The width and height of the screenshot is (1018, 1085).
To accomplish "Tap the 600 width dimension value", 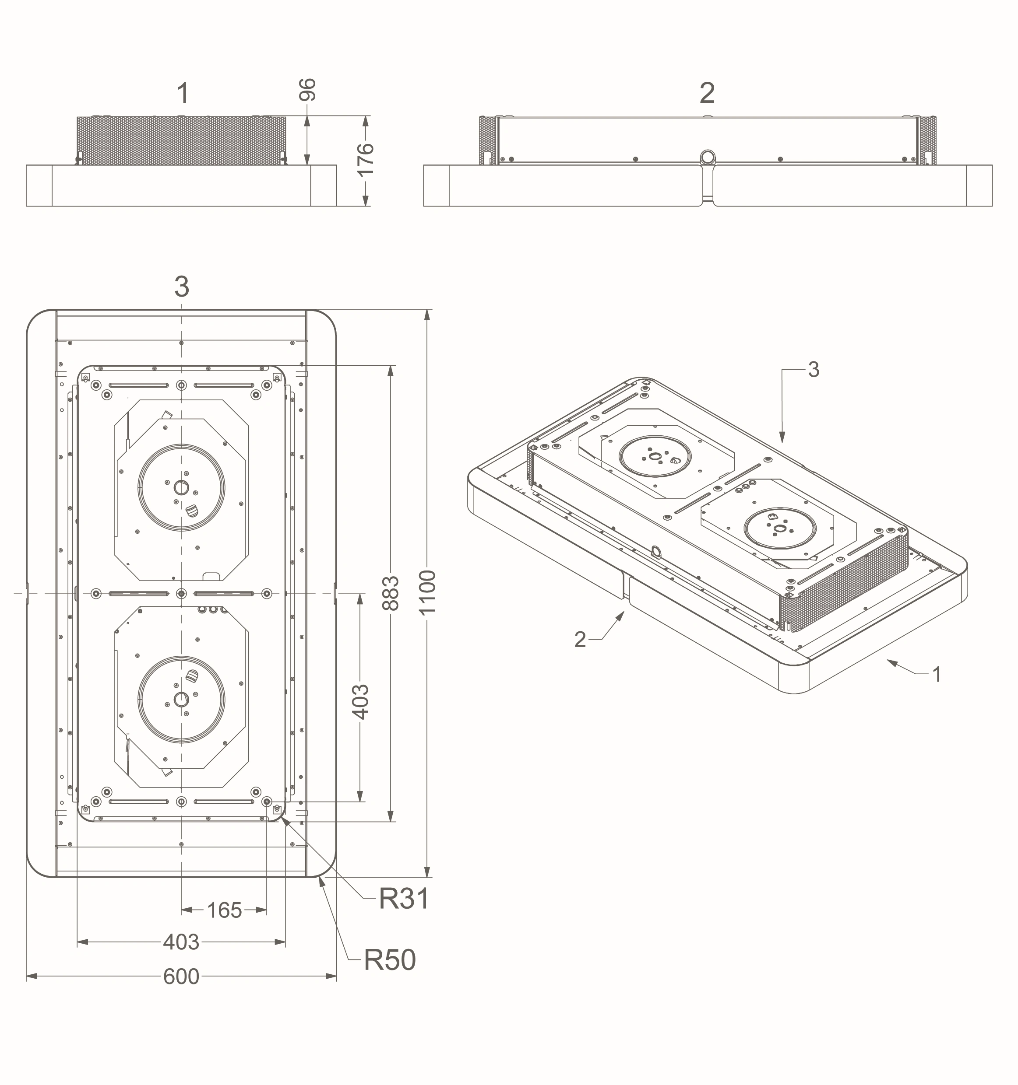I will [x=181, y=976].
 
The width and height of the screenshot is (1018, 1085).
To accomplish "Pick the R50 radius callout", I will [x=389, y=959].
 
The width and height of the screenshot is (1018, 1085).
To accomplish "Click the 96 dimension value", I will [x=307, y=90].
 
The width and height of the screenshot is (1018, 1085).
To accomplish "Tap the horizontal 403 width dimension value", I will [x=181, y=942].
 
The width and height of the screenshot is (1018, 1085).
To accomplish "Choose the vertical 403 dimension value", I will [x=360, y=702].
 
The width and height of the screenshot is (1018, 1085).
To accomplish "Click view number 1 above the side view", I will [x=183, y=93].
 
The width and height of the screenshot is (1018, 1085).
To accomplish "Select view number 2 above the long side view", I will [x=707, y=93].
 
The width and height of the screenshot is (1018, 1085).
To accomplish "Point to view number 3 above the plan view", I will [x=182, y=287].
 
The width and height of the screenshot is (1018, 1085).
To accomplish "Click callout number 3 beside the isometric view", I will [x=814, y=370].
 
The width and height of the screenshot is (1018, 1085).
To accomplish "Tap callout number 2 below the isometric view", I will [x=580, y=639].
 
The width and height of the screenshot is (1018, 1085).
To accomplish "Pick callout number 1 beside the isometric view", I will [x=937, y=675].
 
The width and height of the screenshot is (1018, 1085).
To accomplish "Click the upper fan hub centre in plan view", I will [x=181, y=487].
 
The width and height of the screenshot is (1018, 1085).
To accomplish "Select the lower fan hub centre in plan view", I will [x=181, y=699].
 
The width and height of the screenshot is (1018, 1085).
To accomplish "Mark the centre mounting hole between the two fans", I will [x=181, y=593].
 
